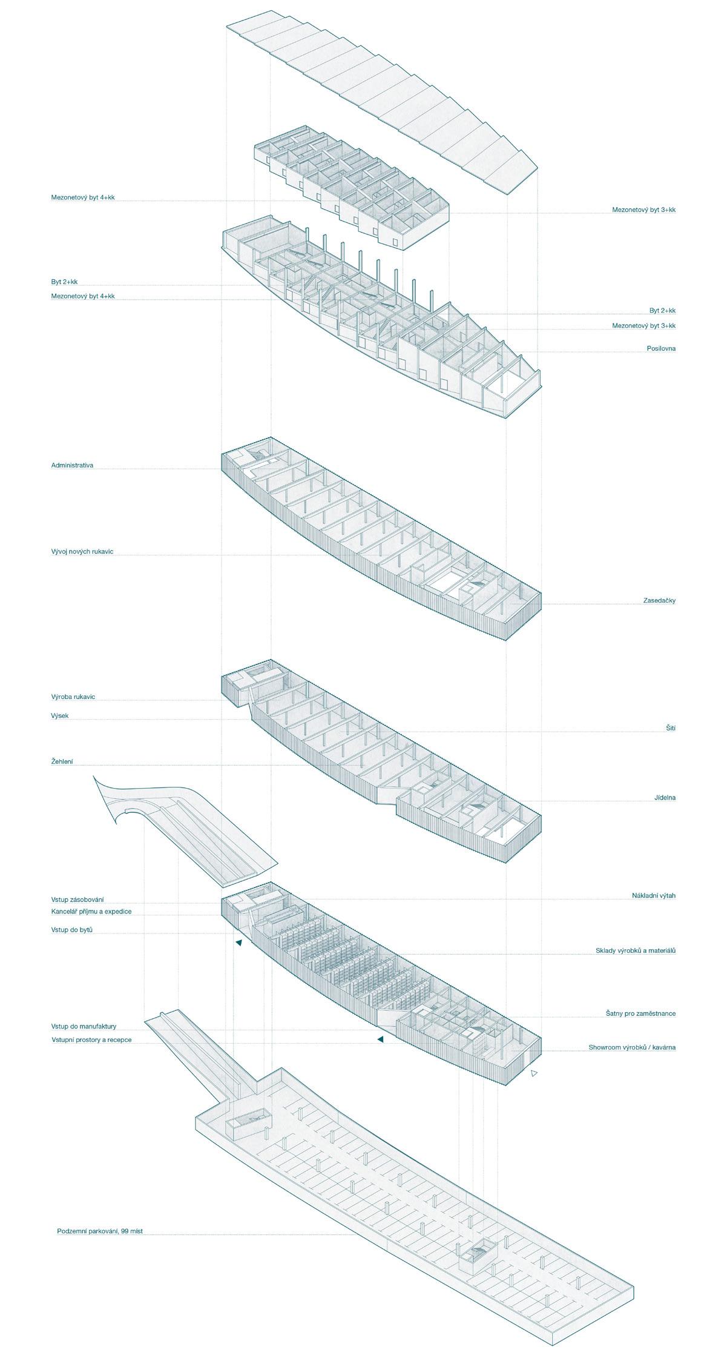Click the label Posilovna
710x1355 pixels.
tap(661, 348)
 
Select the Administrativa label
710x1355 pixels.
tap(72, 465)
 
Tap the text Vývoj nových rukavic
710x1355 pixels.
tap(82, 552)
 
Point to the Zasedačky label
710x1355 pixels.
tap(659, 600)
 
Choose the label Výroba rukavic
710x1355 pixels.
tap(73, 697)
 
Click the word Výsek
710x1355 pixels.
tap(60, 715)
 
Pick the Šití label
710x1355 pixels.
tap(670, 727)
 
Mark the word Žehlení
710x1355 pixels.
tap(62, 761)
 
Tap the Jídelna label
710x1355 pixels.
tap(665, 797)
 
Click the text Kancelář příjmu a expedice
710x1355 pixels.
tap(91, 911)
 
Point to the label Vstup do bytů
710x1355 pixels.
tap(72, 929)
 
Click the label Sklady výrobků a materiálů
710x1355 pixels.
tap(636, 950)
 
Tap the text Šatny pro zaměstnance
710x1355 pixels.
tap(640, 1013)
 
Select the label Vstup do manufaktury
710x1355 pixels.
tap(84, 1026)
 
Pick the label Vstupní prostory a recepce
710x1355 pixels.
tap(91, 1039)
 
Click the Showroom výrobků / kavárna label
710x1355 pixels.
tap(632, 1047)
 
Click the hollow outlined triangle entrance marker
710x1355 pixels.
tap(533, 1073)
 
